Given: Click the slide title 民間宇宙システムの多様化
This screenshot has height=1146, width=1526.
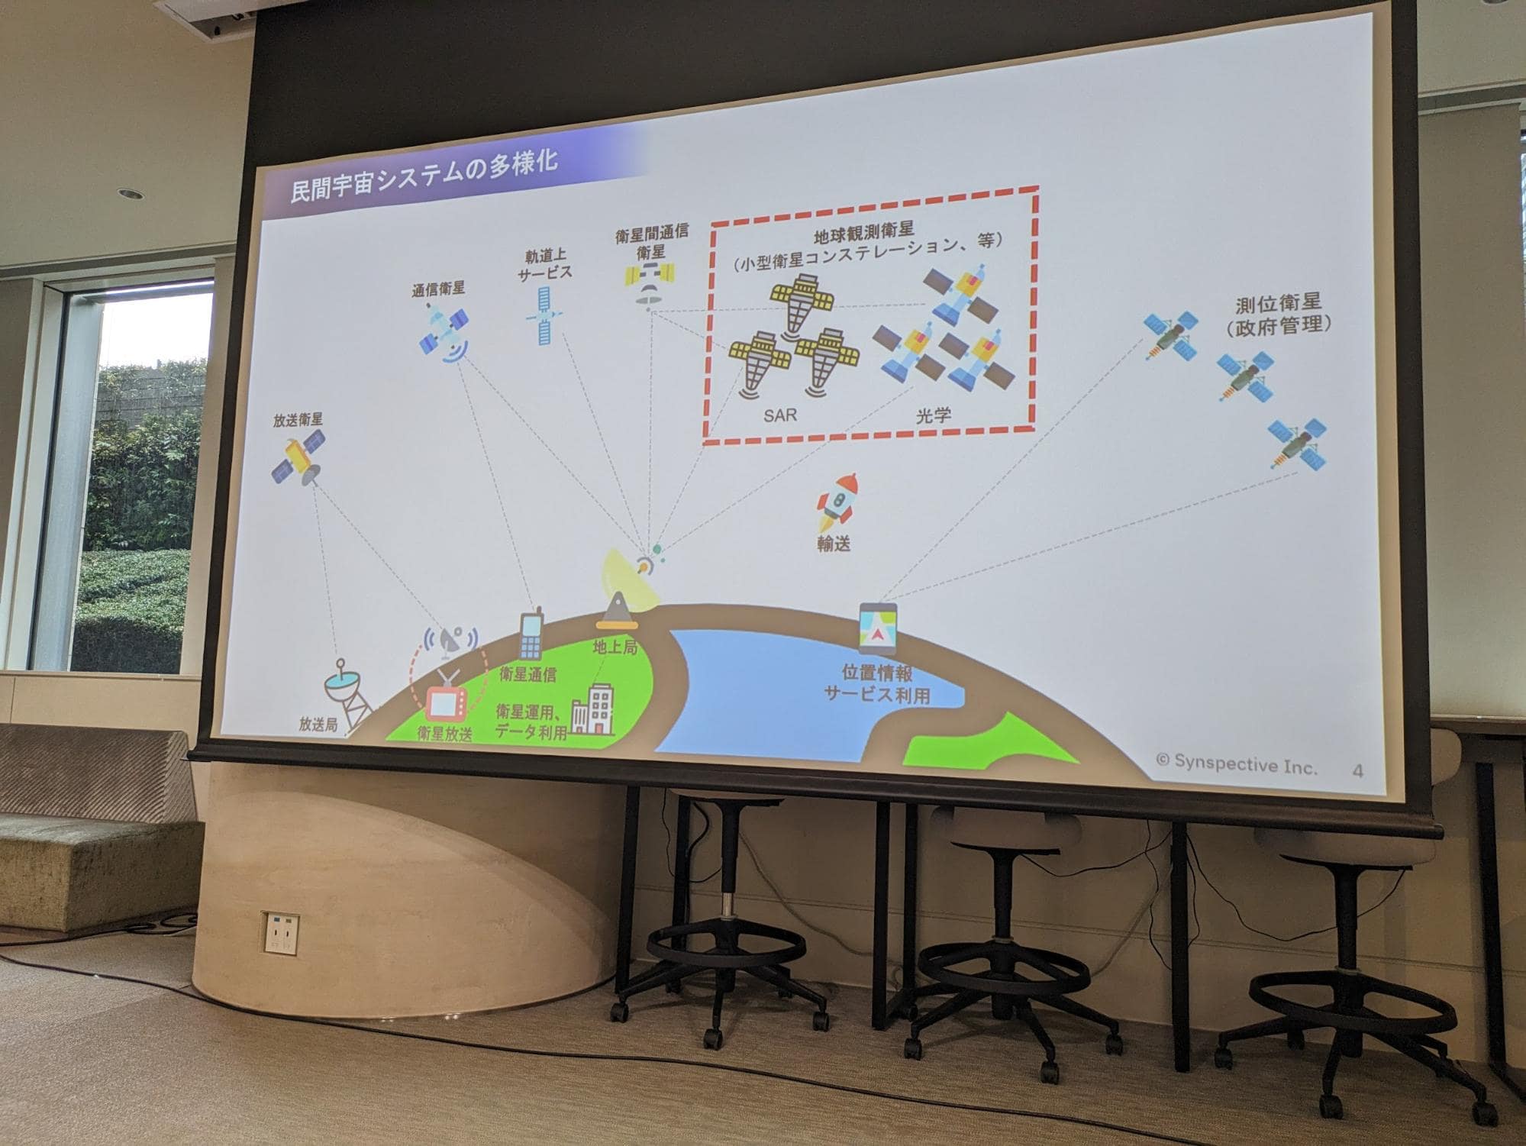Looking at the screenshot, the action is click(x=424, y=177).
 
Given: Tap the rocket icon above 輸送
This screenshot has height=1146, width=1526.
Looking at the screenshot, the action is click(x=835, y=502).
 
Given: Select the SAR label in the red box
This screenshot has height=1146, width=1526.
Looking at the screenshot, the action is click(x=780, y=415).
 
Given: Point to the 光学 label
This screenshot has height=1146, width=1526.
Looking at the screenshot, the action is click(x=932, y=415).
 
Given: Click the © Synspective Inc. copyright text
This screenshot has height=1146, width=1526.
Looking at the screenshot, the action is click(x=1236, y=763).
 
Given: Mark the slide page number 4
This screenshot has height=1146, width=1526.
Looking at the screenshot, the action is click(x=1357, y=771).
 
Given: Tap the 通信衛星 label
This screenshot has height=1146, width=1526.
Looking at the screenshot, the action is click(x=437, y=289).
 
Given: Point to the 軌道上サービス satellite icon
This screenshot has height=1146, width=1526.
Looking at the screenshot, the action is click(x=542, y=315).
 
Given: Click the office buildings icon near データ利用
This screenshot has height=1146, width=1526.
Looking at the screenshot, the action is click(x=593, y=711).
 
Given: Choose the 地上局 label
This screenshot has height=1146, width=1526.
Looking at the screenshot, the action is click(x=615, y=647).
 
